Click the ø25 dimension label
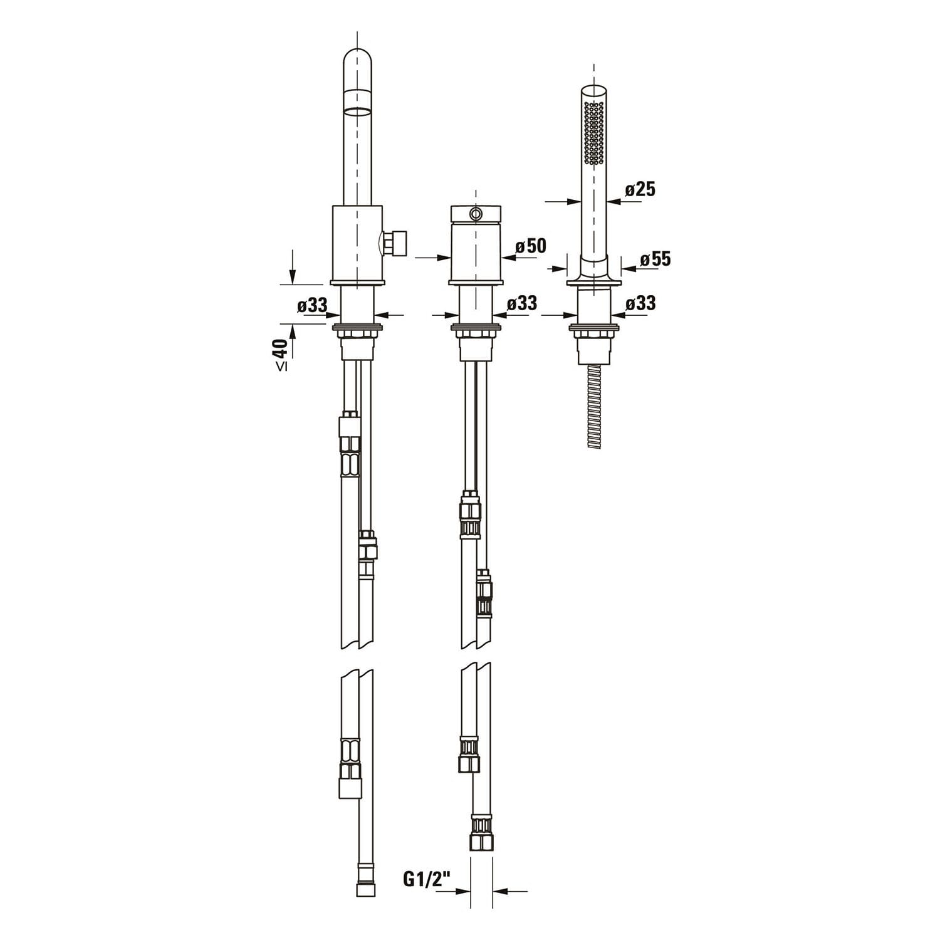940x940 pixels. pyautogui.click(x=640, y=189)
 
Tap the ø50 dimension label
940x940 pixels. pyautogui.click(x=531, y=246)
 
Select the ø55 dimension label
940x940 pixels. pyautogui.click(x=655, y=258)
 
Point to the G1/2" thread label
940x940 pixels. pyautogui.click(x=427, y=880)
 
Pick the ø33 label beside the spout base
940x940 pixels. pyautogui.click(x=313, y=305)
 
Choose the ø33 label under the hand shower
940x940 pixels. pyautogui.click(x=640, y=303)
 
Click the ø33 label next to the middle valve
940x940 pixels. pyautogui.click(x=522, y=303)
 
